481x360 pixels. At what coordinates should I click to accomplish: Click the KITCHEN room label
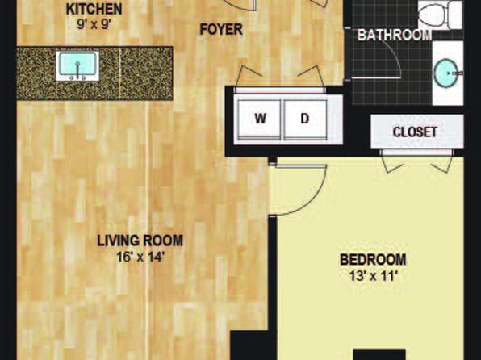click(94, 9)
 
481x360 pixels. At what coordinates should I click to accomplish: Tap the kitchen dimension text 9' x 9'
click(94, 24)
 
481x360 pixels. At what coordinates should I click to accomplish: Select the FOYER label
click(221, 30)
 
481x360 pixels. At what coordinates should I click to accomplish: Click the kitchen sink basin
click(77, 64)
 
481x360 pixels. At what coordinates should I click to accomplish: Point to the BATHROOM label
click(395, 36)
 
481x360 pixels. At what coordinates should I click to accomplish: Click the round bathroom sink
click(446, 73)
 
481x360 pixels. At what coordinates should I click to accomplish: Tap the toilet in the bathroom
click(440, 14)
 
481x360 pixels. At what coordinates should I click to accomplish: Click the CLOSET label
click(415, 132)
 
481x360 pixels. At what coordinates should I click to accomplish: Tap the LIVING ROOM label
click(140, 241)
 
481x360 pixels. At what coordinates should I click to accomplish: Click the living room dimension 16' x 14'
click(140, 257)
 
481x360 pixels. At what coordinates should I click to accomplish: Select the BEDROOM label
click(373, 260)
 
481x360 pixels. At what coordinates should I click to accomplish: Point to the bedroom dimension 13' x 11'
click(374, 276)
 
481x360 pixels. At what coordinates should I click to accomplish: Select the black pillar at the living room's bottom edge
click(249, 345)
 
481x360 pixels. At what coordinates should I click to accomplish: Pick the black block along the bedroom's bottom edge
click(379, 354)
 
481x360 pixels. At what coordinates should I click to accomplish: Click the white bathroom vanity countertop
click(448, 73)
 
